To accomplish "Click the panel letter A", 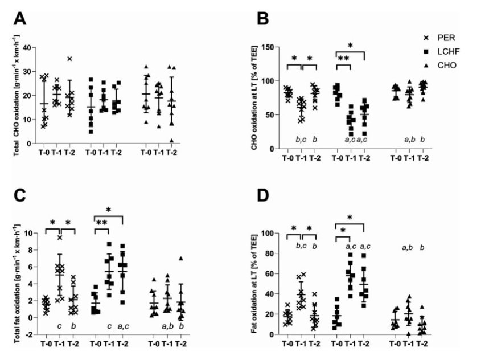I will point(20,19).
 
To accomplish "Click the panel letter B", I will point(262,19).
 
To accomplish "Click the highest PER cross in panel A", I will point(69,59).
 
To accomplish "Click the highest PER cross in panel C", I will point(59,238).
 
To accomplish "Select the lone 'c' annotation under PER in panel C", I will point(59,326).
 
